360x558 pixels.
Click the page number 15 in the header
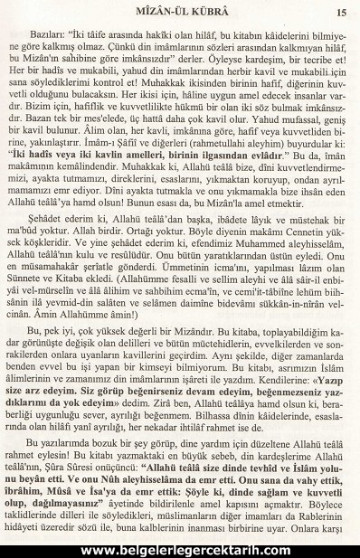pos(341,12)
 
